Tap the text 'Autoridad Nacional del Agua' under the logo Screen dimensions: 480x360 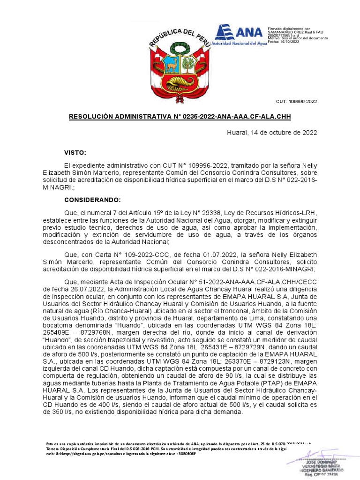[x=239, y=43]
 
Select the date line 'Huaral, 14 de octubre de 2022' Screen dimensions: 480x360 [x=272, y=133]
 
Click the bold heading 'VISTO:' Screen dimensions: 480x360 [x=75, y=153]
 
